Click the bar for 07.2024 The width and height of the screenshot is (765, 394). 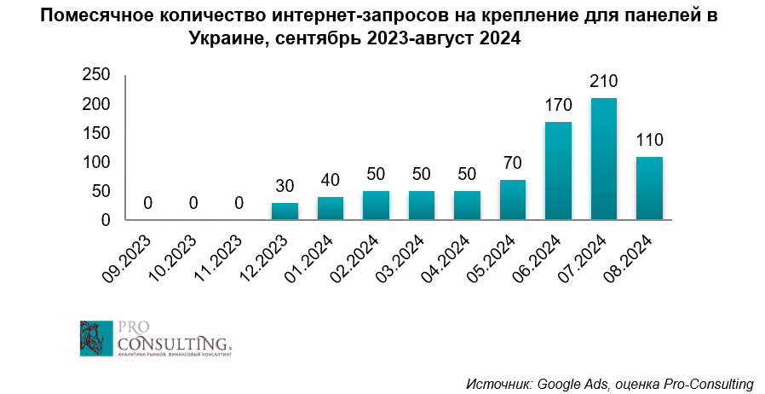[x=603, y=159]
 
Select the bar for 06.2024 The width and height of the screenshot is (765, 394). [x=558, y=171]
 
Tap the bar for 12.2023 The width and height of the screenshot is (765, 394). [x=285, y=211]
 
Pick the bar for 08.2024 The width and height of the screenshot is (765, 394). [x=649, y=188]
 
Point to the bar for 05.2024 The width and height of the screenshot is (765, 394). [x=512, y=200]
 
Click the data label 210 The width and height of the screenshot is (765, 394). [x=603, y=83]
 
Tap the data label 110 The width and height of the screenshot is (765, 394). [x=649, y=141]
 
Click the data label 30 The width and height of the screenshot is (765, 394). [x=285, y=187]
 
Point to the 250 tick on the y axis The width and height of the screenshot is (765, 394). [x=96, y=76]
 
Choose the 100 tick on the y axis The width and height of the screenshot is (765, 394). [x=96, y=163]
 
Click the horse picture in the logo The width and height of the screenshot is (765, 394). [x=95, y=338]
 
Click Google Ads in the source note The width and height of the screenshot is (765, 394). [x=571, y=383]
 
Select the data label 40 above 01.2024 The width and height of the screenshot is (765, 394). [x=330, y=181]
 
